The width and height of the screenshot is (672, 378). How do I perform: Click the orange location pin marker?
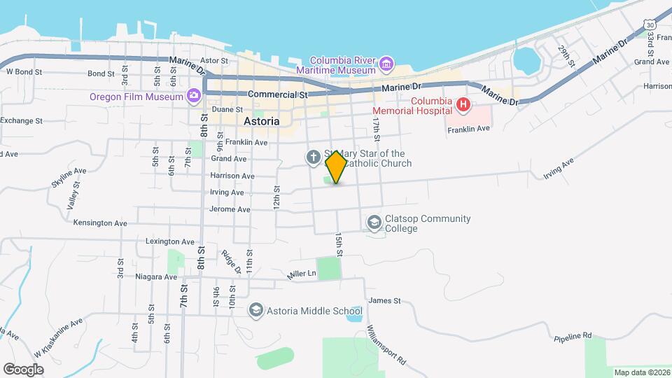coord(336,167)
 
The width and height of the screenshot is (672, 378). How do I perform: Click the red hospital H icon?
coord(462,106)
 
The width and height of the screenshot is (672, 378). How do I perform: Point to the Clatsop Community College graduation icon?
coord(374,223)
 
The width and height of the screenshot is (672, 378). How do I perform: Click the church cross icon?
coord(313,158)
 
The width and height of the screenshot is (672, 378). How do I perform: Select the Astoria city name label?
coord(262,121)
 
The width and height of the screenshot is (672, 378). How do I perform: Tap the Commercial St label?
coord(278,94)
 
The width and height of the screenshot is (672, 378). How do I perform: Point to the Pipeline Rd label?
coord(572,336)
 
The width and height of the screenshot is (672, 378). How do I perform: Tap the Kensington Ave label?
coord(100,223)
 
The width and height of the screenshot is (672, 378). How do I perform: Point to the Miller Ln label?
coord(302,275)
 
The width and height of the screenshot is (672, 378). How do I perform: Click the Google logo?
coord(23,369)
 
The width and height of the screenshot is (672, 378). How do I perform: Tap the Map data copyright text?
coord(640,372)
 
